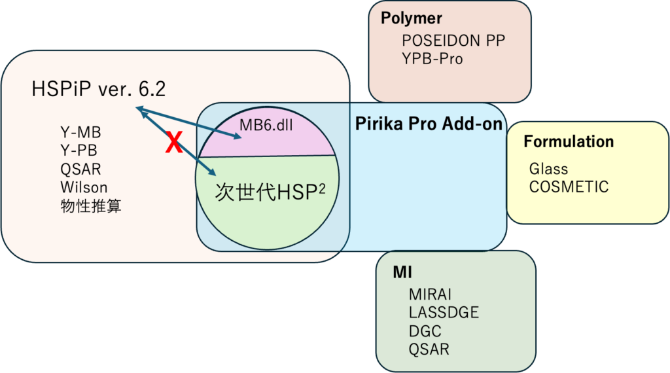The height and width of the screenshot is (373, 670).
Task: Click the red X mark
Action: pos(173,142)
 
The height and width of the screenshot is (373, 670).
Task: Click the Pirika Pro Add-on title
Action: pos(429,124)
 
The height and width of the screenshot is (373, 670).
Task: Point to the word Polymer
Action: pos(412,18)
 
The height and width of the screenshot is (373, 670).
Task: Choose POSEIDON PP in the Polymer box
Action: pos(453,41)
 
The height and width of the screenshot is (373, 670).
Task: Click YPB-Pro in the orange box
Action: pos(432,59)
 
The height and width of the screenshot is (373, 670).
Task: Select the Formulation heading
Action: pos(569,141)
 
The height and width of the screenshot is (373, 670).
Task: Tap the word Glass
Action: pos(548,169)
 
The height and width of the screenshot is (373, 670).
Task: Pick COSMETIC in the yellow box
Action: pos(569,186)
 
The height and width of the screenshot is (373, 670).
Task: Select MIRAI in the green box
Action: pos(430,294)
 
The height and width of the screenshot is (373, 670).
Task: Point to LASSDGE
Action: pos(444,313)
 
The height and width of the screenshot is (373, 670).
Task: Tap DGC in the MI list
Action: pos(425,331)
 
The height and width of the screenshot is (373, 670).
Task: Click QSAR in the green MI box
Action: pos(429,349)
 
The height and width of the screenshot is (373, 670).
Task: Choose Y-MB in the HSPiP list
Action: pos(80,133)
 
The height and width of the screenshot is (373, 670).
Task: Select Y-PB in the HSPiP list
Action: pos(79,151)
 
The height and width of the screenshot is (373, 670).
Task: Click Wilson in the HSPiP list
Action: pos(84,188)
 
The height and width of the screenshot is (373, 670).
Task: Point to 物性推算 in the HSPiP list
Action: pos(90,206)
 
